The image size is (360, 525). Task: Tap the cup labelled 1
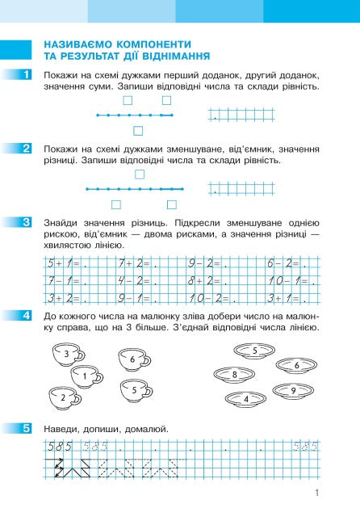click(86, 376)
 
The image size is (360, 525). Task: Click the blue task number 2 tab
click(27, 148)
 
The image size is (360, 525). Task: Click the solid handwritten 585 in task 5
click(60, 447)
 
